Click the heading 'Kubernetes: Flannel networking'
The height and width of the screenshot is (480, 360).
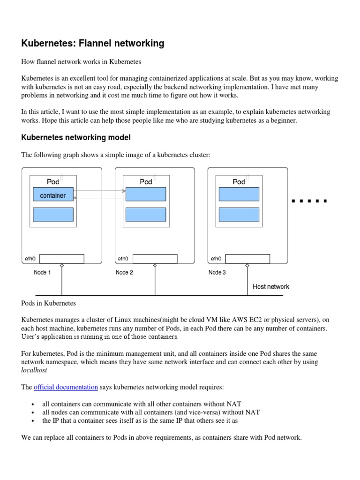point(93,44)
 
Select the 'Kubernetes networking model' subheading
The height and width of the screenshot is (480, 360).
point(76,137)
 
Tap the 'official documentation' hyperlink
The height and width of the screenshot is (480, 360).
point(66,387)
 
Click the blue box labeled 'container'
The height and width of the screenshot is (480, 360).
point(53,195)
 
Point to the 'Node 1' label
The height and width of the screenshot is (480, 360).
point(42,273)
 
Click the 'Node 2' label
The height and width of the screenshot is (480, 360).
point(124,273)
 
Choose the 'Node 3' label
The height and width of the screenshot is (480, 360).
point(217,273)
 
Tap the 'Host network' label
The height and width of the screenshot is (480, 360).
point(271,286)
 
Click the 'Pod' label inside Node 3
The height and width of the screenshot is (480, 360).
point(239,181)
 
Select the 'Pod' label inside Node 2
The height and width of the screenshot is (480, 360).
point(146,181)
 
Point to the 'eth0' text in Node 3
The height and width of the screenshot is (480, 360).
point(216,259)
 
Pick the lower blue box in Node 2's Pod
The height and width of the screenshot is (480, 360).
point(146,215)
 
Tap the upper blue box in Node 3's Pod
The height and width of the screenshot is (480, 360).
point(239,195)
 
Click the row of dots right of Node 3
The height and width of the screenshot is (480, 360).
point(309,201)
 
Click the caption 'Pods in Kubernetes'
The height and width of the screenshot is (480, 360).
point(49,304)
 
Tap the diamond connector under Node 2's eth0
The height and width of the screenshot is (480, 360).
point(155,266)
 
